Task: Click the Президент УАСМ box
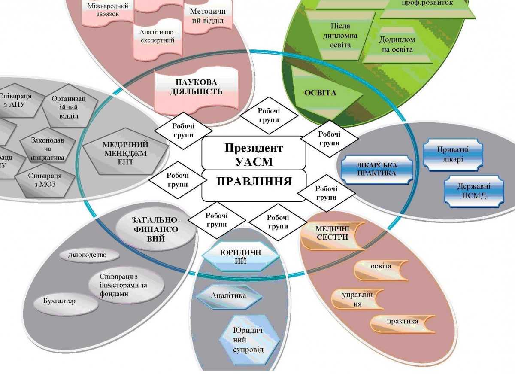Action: [254, 154]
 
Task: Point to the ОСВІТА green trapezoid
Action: [320, 93]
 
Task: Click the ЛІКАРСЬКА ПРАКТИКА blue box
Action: [376, 169]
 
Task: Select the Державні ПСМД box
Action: [474, 191]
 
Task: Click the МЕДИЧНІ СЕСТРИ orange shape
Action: [331, 234]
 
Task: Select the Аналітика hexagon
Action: [228, 296]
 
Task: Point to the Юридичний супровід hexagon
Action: [249, 340]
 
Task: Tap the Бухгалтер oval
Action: [60, 301]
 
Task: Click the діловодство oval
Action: [88, 255]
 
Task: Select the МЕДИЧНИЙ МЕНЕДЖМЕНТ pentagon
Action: [125, 153]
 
